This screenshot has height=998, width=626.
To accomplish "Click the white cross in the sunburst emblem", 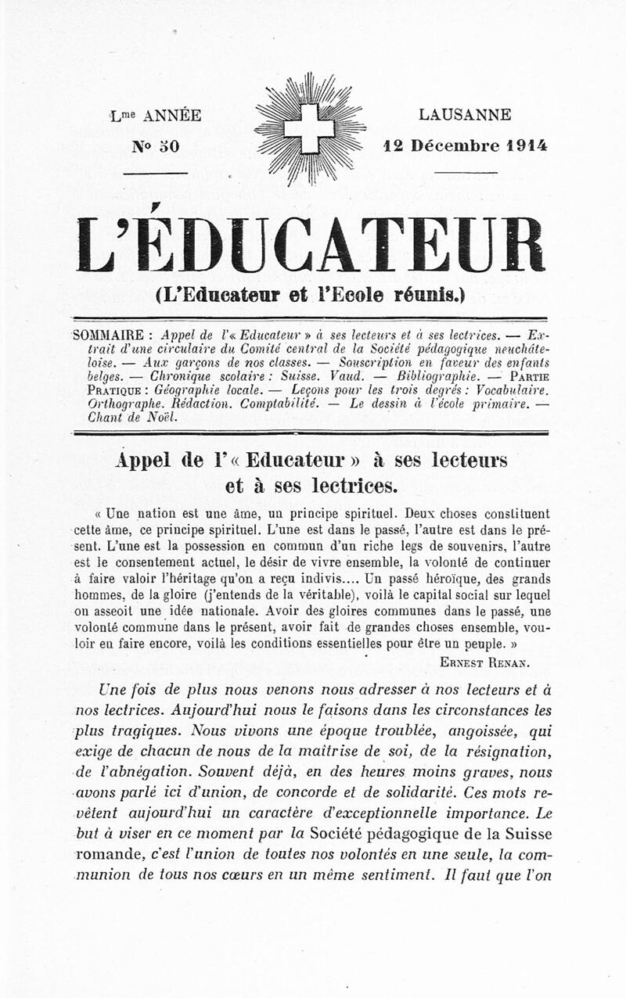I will (x=309, y=128).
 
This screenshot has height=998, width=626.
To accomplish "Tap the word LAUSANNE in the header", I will (x=465, y=115).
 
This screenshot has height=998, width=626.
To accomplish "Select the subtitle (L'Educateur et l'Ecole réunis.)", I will (x=310, y=296).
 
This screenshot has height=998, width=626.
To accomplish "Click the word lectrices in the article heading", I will (x=350, y=486).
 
